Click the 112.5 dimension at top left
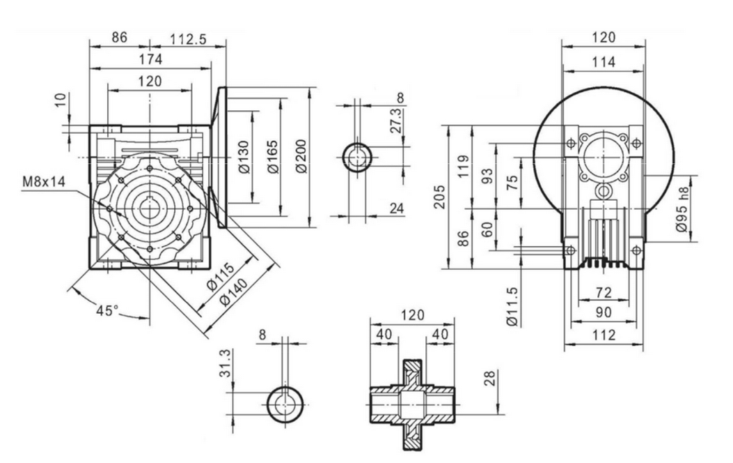click(189, 39)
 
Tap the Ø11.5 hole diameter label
click(512, 306)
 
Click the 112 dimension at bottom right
click(604, 335)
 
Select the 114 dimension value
click(604, 62)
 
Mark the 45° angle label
click(107, 311)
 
